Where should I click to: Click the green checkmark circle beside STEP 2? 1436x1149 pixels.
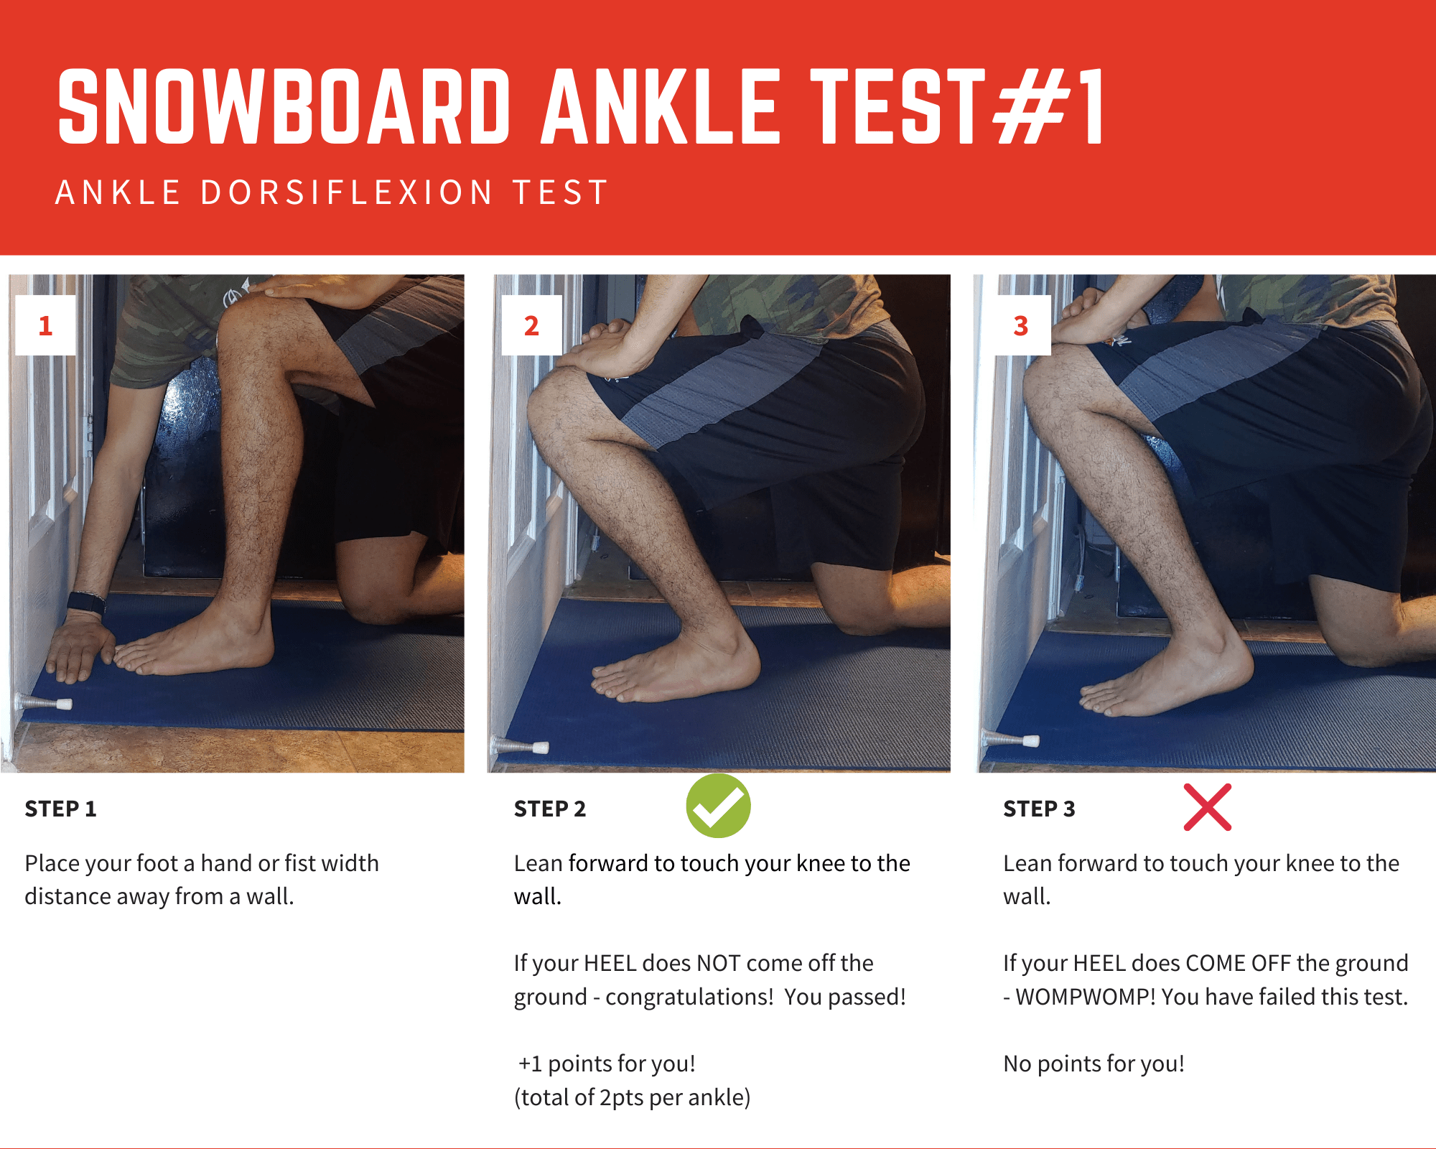point(718,806)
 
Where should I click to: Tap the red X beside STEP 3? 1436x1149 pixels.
point(1208,807)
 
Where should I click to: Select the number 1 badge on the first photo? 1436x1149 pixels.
point(45,325)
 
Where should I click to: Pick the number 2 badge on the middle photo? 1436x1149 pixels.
point(531,325)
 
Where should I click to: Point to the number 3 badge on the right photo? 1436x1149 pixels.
point(1021,325)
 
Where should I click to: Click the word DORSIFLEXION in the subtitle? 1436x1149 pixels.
point(347,192)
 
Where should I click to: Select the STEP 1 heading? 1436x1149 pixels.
point(60,809)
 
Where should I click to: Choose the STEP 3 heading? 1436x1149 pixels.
point(1039,809)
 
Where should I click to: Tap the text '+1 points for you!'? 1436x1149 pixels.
point(607,1064)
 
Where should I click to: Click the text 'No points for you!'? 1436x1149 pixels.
point(1094,1064)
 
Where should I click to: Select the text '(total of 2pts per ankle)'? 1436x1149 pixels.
point(632,1097)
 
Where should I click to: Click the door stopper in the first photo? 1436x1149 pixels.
point(45,702)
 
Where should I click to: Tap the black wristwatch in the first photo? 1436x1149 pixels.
point(86,603)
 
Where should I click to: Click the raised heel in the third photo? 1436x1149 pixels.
point(1228,664)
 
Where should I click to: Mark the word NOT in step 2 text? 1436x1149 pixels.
point(720,963)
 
